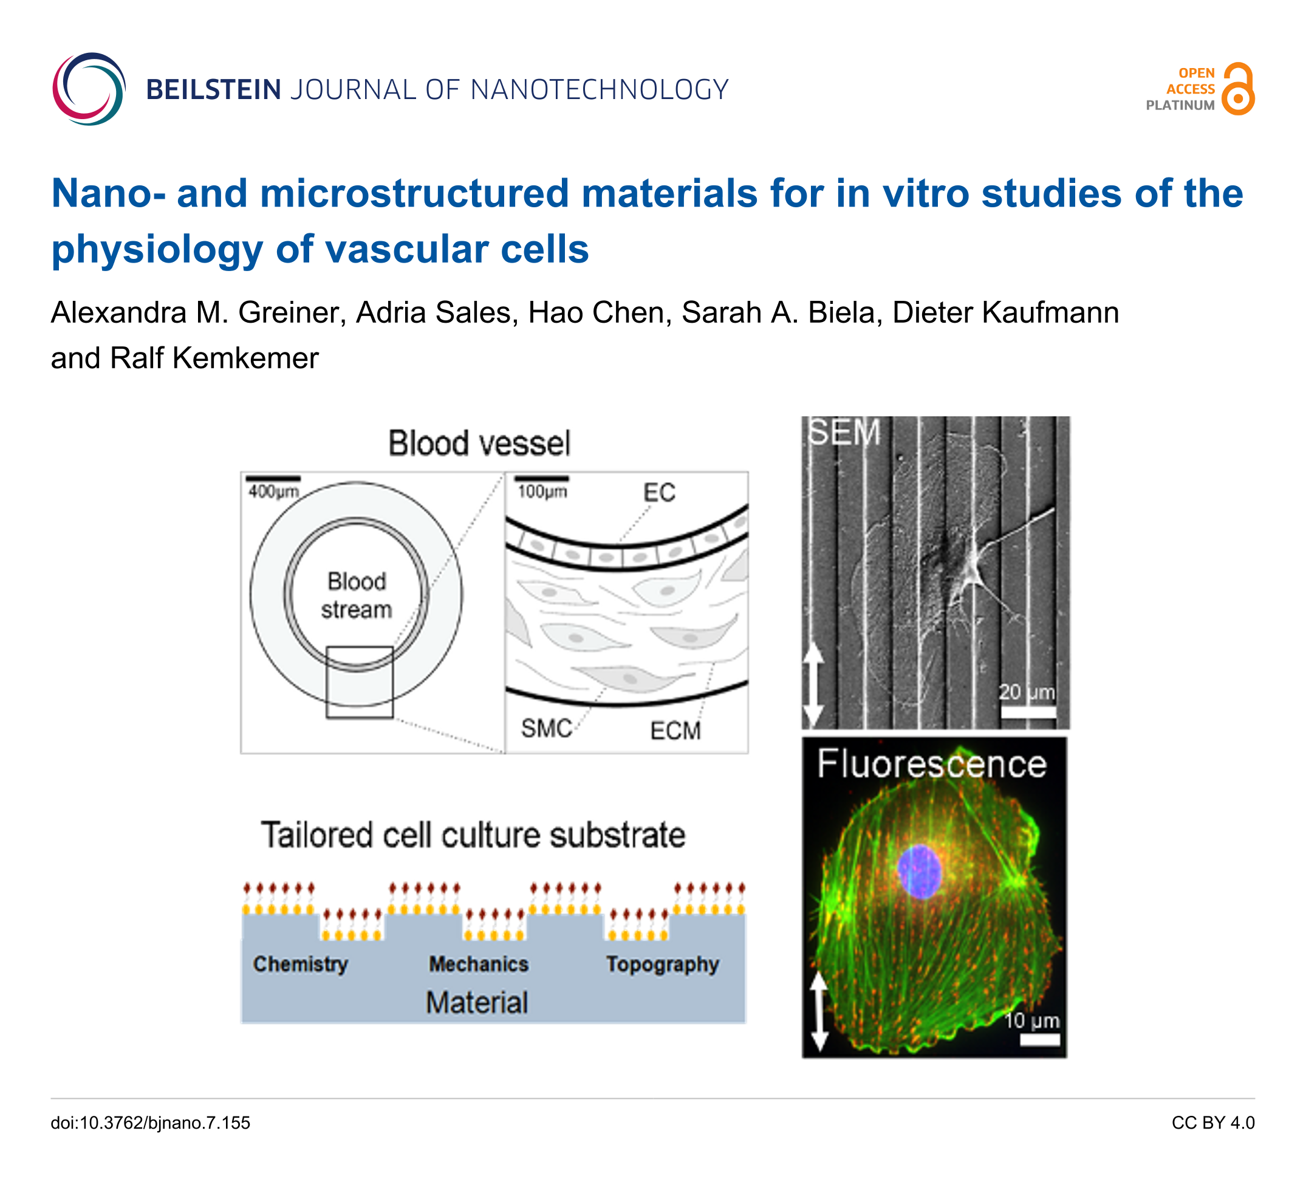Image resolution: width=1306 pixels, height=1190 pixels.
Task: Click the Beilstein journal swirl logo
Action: [89, 89]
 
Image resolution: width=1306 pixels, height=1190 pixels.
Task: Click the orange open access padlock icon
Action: [1237, 89]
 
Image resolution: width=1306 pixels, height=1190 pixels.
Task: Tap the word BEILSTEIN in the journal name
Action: [213, 89]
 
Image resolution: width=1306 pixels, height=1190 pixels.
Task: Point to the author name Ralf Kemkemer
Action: [214, 358]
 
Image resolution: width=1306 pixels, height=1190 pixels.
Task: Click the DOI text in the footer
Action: [150, 1123]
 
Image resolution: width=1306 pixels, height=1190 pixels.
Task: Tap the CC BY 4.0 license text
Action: [1212, 1123]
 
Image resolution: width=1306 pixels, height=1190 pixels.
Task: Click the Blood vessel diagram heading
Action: [479, 444]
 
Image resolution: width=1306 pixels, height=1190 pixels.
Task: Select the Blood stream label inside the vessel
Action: [357, 595]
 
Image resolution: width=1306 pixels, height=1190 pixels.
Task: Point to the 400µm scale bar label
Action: [273, 492]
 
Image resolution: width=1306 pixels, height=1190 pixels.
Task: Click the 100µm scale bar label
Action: [542, 492]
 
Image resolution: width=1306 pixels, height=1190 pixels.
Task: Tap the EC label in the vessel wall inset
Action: [659, 494]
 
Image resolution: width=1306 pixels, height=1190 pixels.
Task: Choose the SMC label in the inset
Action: [546, 729]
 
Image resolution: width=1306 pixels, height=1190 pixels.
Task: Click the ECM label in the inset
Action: [675, 731]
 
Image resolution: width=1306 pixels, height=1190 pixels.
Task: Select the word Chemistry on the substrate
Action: [301, 964]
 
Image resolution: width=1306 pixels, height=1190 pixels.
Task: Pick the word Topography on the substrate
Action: [663, 965]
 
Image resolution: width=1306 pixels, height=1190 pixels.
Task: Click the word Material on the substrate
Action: [477, 1002]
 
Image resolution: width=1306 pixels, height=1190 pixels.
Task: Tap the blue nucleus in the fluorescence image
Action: [918, 872]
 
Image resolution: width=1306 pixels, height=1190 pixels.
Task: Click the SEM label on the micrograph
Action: [844, 432]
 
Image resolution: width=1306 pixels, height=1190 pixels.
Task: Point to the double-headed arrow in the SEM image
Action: [813, 686]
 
